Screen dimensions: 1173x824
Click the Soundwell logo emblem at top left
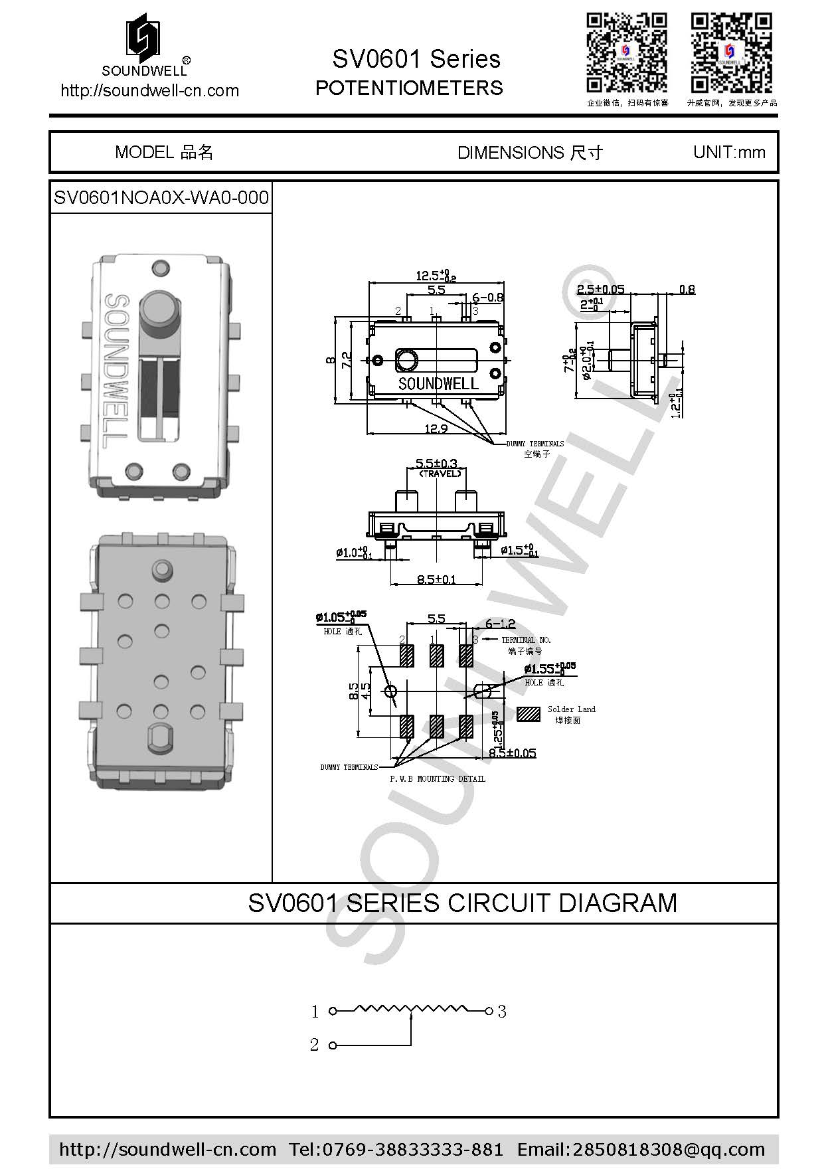[x=143, y=38]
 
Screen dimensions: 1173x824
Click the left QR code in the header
[x=626, y=53]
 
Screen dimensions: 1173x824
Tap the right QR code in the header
[x=731, y=53]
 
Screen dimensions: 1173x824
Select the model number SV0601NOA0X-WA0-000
[x=161, y=198]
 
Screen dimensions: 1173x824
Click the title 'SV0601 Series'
[x=416, y=59]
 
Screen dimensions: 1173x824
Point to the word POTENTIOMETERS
[x=409, y=88]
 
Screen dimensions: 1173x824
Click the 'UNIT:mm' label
[x=729, y=152]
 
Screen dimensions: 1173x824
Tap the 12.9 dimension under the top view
[x=436, y=429]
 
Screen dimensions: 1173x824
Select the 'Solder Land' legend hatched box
[x=529, y=714]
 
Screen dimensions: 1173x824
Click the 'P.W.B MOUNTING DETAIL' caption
[x=437, y=778]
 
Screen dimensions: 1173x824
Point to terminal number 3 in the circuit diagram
[x=502, y=1012]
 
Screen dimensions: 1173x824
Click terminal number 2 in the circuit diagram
[x=315, y=1045]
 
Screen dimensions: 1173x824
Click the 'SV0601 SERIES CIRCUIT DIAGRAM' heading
[x=462, y=903]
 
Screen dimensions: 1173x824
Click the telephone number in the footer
[x=396, y=1149]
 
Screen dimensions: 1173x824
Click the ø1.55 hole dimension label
[x=548, y=669]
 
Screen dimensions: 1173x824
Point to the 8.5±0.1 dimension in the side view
[x=436, y=579]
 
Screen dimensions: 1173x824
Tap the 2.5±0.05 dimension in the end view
[x=600, y=290]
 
